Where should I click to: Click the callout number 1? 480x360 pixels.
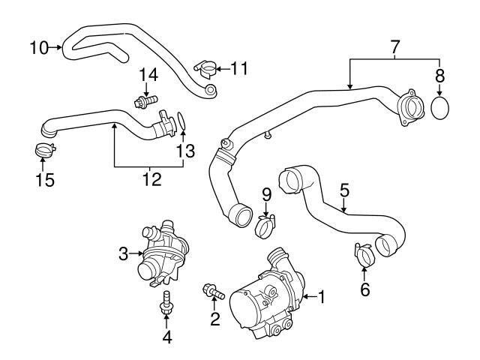tap(322, 298)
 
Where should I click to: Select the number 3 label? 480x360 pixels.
tap(124, 254)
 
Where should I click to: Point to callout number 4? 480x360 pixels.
tap(167, 337)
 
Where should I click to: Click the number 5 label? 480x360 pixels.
tap(344, 190)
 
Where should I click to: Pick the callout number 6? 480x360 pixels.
tap(365, 289)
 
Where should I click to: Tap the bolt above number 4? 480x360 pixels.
tap(165, 301)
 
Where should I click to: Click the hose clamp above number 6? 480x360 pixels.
tap(364, 254)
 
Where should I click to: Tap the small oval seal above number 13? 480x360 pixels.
tap(181, 118)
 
